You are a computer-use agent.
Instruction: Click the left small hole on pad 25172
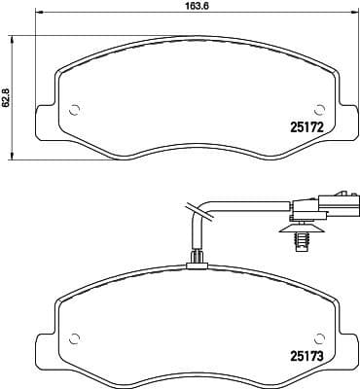(73, 108)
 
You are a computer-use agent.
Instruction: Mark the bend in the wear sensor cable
(195, 208)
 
